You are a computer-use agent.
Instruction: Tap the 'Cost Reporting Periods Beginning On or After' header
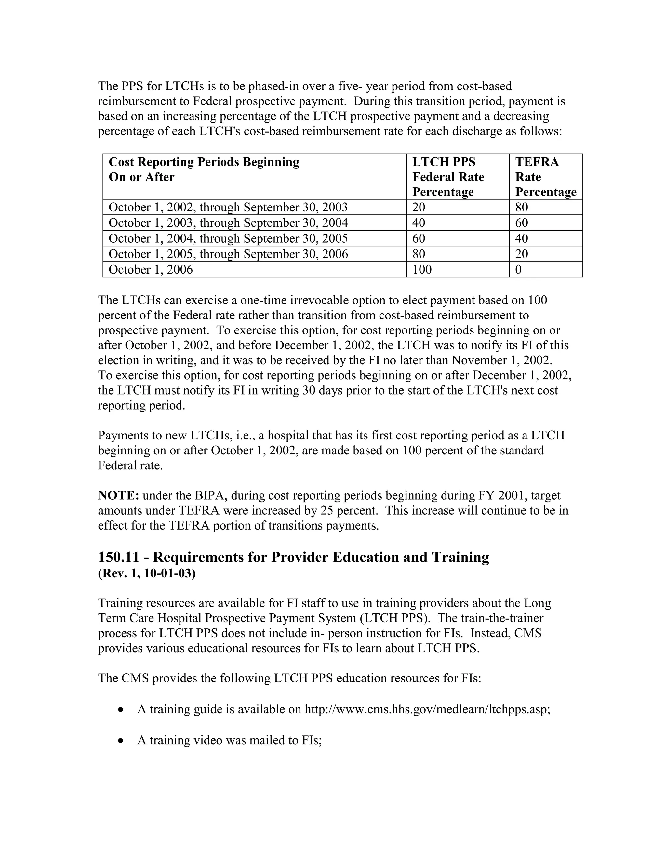204,170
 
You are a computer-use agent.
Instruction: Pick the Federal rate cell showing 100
422,270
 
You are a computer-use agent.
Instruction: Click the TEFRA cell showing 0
518,270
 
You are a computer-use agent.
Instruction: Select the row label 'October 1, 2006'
151,270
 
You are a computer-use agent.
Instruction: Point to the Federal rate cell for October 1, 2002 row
419,207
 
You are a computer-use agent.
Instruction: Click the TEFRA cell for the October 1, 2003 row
522,223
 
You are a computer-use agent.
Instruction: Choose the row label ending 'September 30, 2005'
228,238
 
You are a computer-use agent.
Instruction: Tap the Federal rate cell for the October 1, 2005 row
419,254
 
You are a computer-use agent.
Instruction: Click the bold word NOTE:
118,496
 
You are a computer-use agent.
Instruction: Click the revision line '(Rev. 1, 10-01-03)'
147,573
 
